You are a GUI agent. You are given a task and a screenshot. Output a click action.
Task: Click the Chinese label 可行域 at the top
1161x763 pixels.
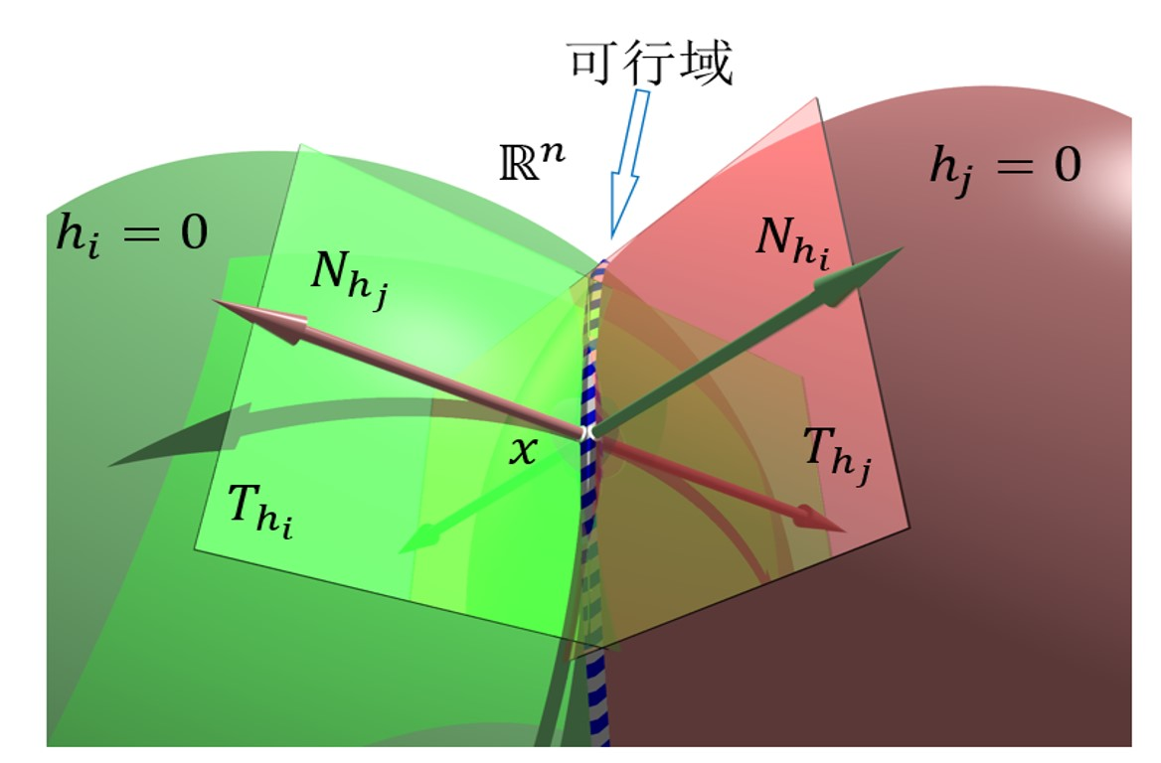[650, 62]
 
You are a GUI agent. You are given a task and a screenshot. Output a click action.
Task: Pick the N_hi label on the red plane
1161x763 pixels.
[792, 242]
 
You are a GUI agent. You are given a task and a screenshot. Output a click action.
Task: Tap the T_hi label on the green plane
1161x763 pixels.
[259, 511]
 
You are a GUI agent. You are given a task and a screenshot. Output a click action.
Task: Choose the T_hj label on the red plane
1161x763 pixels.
[837, 455]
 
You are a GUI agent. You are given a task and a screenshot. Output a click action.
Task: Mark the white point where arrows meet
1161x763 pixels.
[589, 431]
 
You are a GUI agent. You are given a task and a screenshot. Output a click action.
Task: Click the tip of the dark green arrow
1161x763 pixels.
[903, 248]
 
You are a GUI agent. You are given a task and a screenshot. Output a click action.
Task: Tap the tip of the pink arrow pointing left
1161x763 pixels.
[214, 300]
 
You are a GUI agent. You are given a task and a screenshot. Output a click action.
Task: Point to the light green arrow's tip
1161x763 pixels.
[400, 552]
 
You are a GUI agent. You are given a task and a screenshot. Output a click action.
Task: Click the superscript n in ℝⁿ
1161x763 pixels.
[553, 153]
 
